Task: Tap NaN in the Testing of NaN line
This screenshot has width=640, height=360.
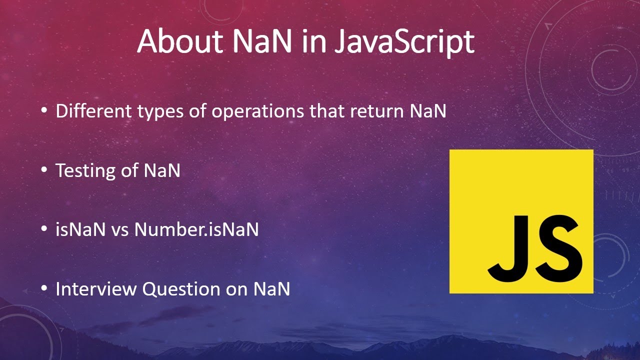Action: tap(162, 170)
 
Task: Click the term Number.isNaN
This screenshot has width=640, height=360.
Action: tap(196, 229)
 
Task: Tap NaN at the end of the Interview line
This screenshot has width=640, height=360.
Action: tap(272, 289)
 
